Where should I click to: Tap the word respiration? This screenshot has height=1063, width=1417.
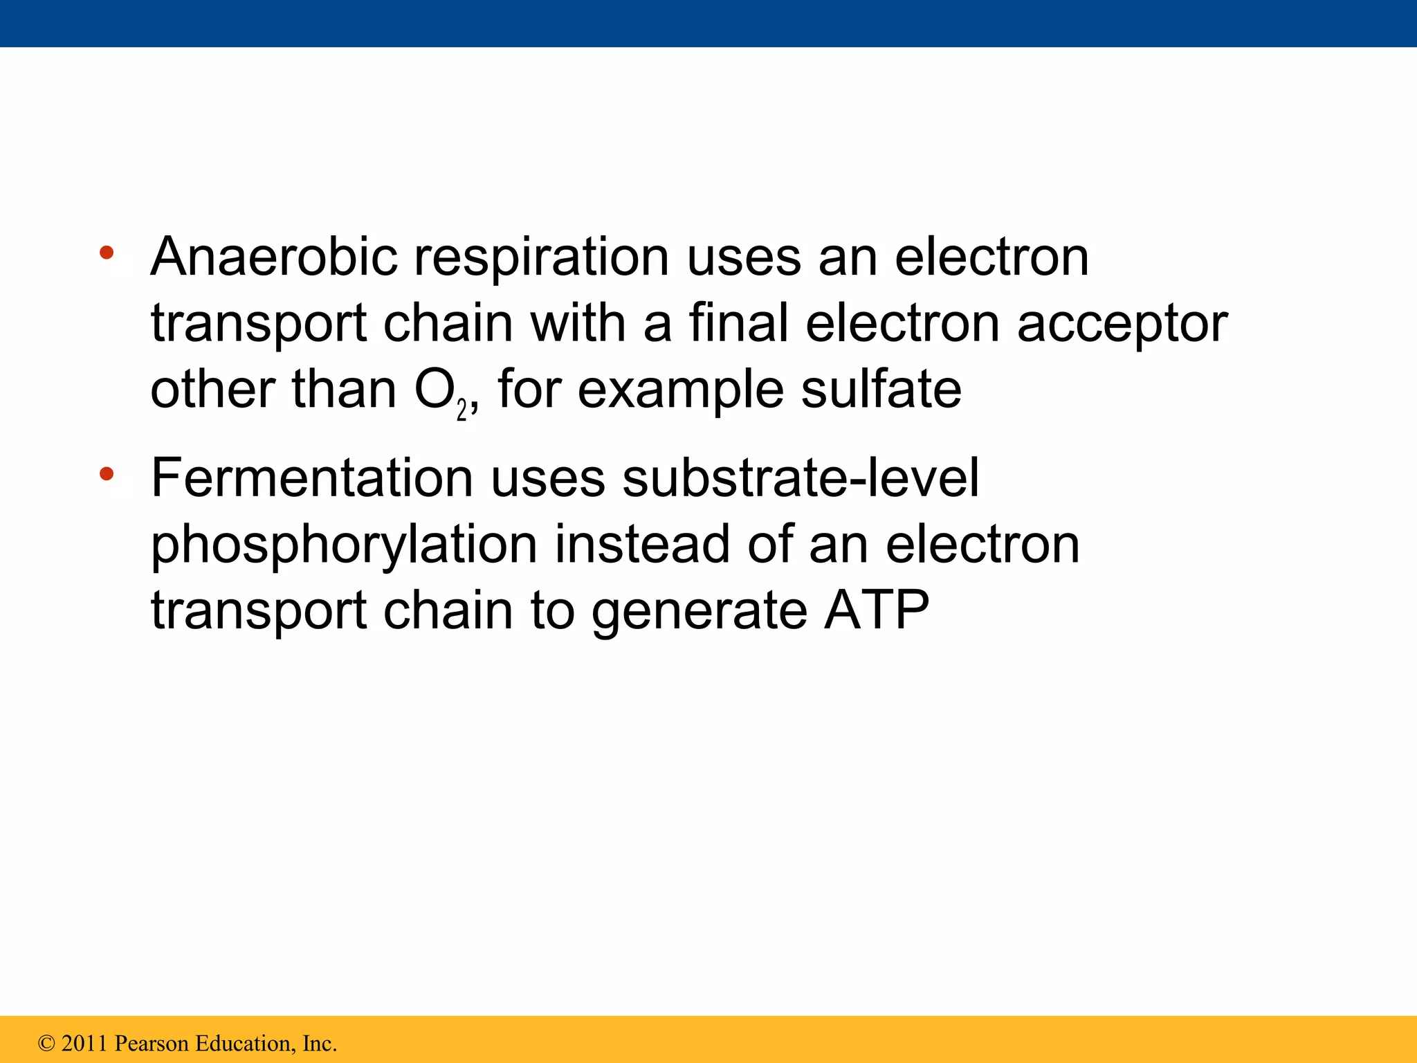pos(541,258)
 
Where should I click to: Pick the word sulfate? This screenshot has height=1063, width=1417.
pos(881,390)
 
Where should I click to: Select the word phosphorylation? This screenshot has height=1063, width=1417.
pos(344,546)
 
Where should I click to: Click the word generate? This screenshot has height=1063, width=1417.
pos(699,612)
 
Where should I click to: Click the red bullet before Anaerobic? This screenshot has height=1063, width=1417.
pos(106,252)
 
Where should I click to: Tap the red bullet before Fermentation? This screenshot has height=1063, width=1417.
pos(106,474)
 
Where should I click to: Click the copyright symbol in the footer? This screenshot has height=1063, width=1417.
pos(46,1043)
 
